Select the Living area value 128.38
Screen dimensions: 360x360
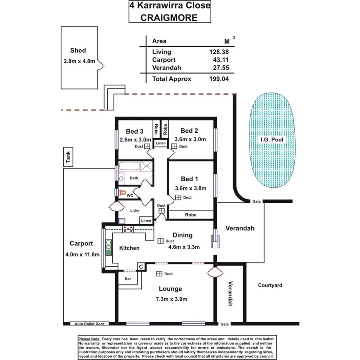tap(219, 52)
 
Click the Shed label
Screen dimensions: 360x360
tap(78, 50)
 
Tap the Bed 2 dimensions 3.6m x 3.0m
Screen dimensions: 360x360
tap(190, 139)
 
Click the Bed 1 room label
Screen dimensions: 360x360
tap(190, 179)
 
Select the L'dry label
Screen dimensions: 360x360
tap(134, 210)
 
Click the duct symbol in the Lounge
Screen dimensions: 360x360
tap(159, 274)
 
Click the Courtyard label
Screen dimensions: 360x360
tap(270, 285)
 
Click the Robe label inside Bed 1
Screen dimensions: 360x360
tap(191, 215)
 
